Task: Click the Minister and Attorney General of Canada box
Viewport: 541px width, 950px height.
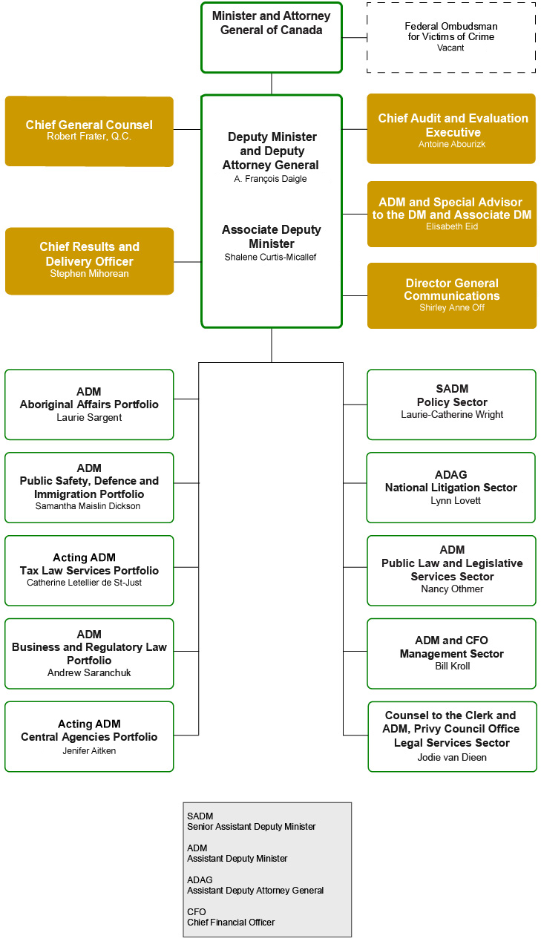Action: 271,37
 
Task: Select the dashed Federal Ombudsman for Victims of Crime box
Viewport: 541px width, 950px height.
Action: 450,37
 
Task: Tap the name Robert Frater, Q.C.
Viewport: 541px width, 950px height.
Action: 89,137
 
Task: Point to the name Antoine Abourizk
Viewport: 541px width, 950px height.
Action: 451,144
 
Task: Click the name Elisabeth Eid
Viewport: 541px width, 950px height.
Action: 451,226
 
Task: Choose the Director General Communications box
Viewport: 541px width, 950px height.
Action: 451,295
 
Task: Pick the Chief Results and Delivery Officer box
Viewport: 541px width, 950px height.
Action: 89,261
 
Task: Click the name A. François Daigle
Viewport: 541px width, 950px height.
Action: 271,179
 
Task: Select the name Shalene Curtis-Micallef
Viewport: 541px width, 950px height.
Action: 271,257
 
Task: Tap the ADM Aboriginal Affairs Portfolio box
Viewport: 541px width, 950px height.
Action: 89,404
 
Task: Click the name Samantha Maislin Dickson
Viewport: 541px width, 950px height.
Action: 88,506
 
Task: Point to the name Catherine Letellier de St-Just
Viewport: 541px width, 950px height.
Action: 84,583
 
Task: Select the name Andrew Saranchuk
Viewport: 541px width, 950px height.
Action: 89,673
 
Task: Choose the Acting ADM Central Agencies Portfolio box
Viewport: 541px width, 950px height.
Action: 89,736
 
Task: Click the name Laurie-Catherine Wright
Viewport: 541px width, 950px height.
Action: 451,415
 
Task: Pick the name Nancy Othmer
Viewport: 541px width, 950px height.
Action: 451,589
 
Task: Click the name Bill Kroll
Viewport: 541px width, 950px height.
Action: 452,666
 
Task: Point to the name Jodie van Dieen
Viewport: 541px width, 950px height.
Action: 451,757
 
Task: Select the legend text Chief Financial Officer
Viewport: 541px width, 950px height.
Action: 231,923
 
